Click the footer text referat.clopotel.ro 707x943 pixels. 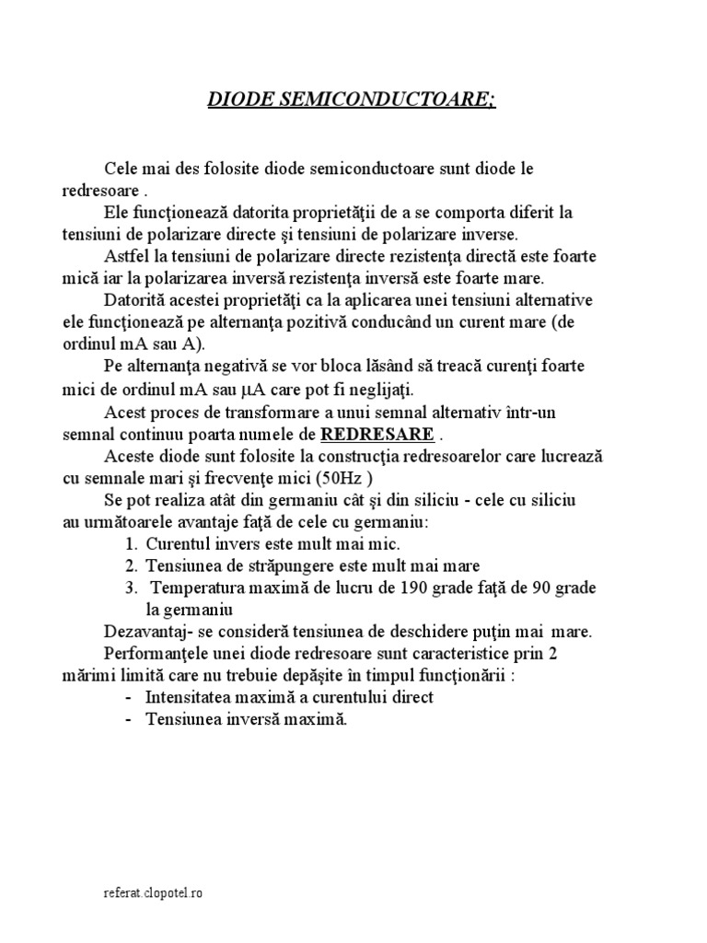152,893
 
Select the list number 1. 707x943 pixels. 132,543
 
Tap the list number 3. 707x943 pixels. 132,588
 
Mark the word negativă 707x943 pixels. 244,367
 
